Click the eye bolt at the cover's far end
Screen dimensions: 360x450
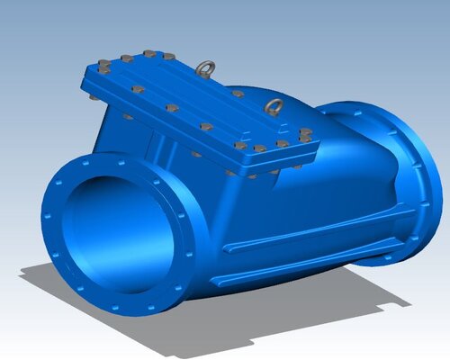207,68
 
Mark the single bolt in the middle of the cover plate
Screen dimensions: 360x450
206,127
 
